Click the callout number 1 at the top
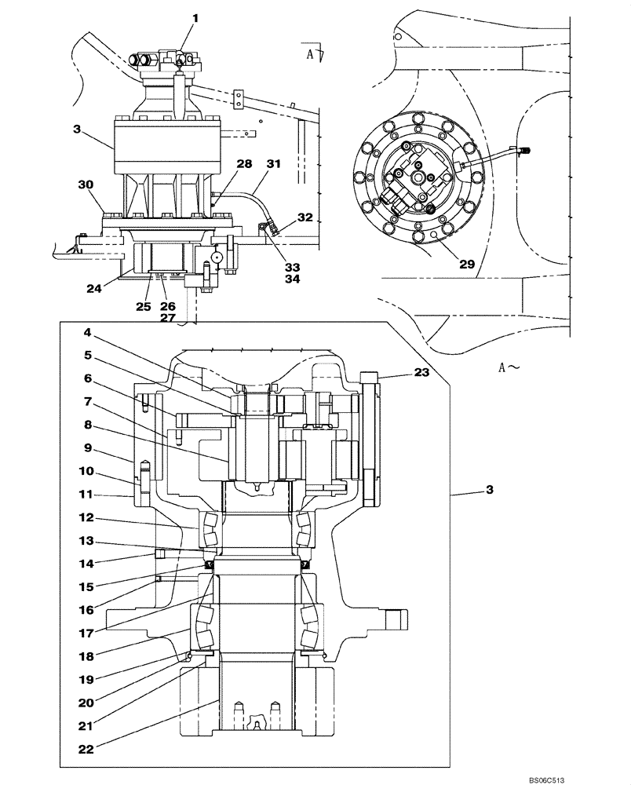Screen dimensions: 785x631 coord(195,17)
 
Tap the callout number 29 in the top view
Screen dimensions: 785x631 coord(466,265)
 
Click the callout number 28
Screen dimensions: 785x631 coord(244,163)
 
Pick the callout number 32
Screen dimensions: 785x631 coord(304,217)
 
